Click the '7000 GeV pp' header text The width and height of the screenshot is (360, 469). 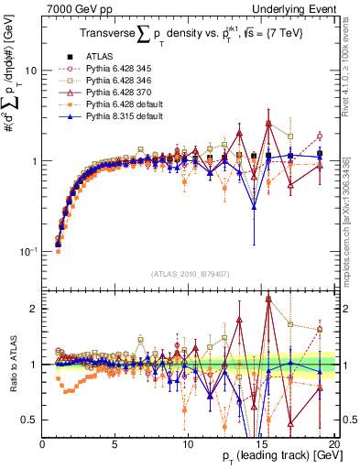click(74, 7)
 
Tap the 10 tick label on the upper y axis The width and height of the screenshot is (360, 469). click(30, 71)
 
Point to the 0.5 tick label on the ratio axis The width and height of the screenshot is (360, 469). click(31, 420)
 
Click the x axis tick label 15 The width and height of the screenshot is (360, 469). click(261, 444)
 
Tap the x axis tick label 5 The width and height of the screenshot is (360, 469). click(115, 444)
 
